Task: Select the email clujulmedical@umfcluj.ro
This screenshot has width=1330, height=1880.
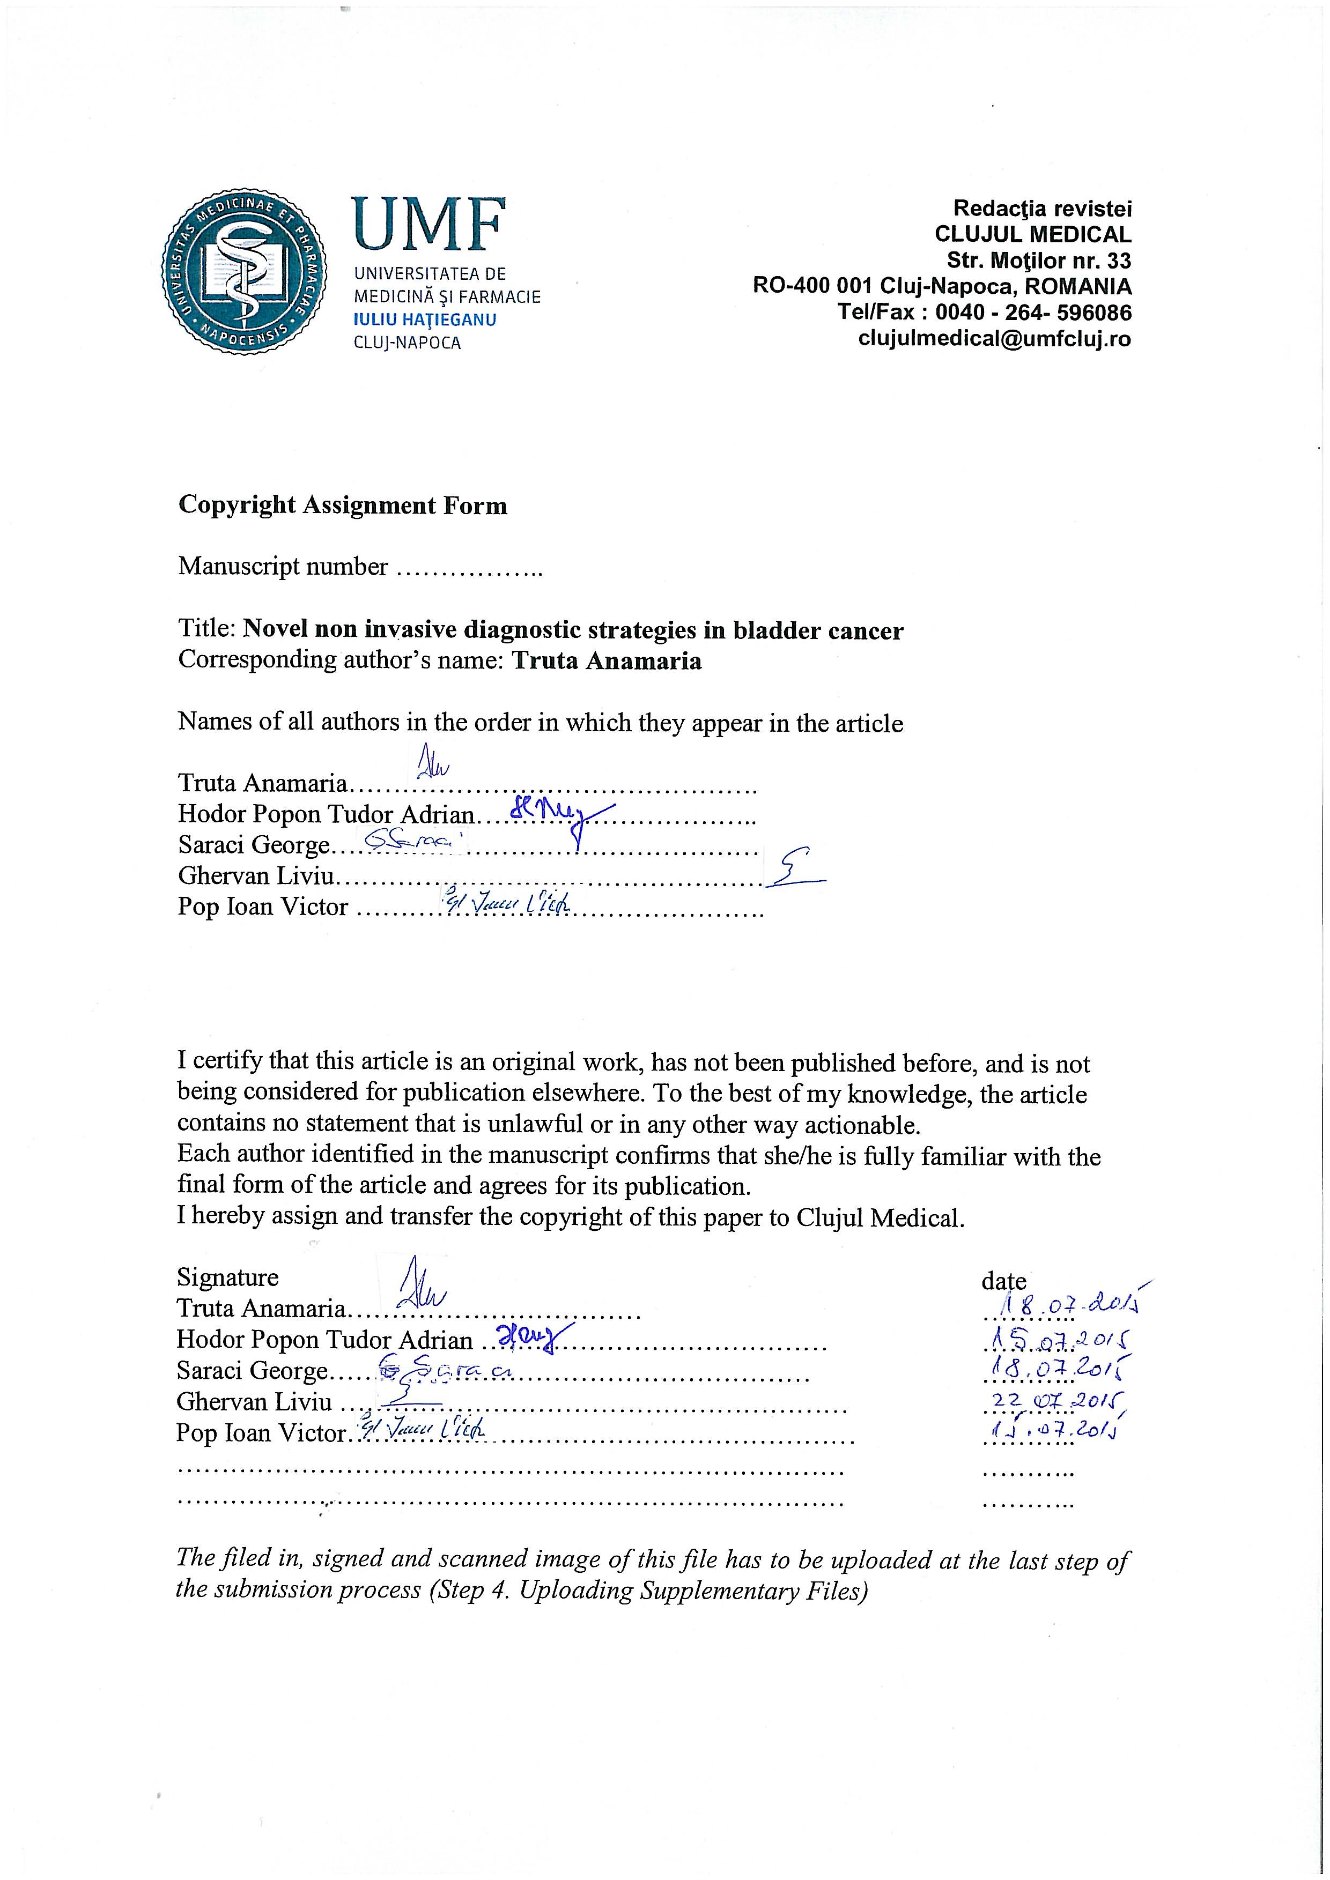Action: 994,338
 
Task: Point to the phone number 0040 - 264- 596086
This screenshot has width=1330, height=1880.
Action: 1033,312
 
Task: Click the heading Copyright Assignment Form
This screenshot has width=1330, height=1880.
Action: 342,505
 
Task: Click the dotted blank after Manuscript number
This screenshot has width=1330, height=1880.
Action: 468,568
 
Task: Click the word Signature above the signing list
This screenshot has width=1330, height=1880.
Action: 228,1277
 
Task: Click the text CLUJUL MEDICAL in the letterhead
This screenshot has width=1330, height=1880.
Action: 1033,234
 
